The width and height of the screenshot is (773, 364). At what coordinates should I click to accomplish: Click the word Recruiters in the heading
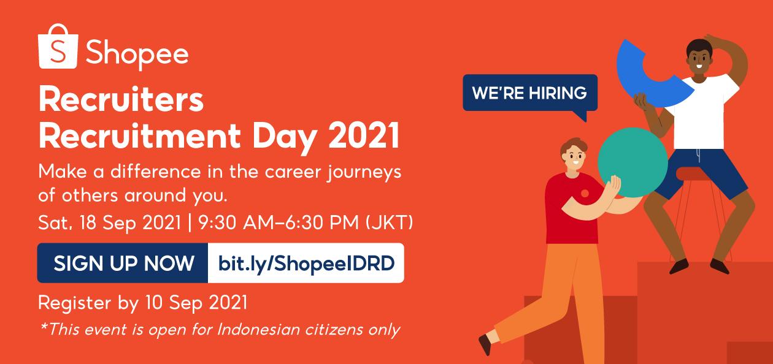(x=120, y=101)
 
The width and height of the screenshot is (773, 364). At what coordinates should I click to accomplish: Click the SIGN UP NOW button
(x=123, y=264)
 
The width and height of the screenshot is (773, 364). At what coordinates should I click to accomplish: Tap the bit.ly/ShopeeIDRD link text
(x=306, y=264)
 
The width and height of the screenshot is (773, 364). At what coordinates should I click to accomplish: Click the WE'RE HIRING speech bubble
(x=529, y=93)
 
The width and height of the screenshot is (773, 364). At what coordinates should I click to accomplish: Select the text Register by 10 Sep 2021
(x=142, y=302)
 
